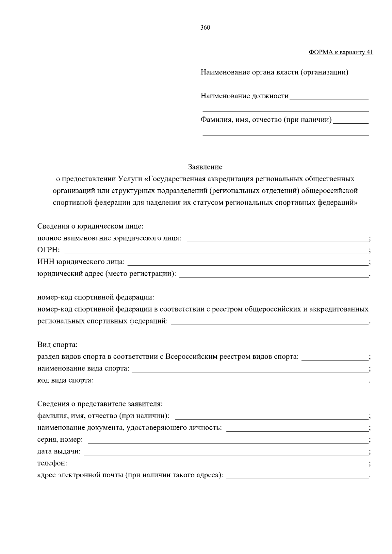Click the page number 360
click(205, 28)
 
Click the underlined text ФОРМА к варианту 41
click(341, 52)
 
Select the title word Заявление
click(205, 167)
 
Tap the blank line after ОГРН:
click(216, 251)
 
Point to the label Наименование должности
click(245, 96)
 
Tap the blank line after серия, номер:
click(228, 440)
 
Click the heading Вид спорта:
click(57, 345)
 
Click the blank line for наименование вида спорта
click(250, 369)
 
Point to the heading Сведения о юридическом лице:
click(90, 226)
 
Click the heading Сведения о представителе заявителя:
click(100, 404)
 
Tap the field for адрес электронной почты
click(297, 476)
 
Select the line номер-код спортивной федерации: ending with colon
click(95, 297)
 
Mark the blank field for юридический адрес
click(274, 274)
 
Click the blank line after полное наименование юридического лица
click(277, 239)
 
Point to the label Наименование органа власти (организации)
click(274, 72)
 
